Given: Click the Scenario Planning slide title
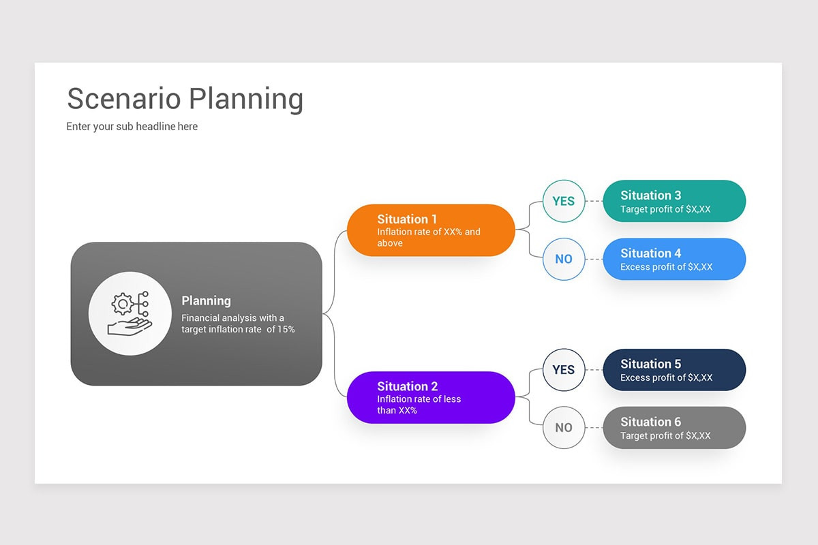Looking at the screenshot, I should click(x=185, y=99).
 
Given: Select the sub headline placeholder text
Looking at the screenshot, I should click(x=132, y=126).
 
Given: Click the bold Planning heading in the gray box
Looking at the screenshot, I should click(x=206, y=300).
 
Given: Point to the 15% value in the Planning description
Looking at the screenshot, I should click(x=286, y=330).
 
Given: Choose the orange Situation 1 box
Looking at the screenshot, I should click(x=431, y=230).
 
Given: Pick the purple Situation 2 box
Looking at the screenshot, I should click(x=431, y=397).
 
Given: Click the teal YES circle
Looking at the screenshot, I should click(x=564, y=201).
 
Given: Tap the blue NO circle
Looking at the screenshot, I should click(x=564, y=259).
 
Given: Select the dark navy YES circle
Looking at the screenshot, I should click(x=564, y=370).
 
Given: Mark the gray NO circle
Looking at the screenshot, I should click(x=564, y=428).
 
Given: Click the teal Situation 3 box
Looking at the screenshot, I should click(x=674, y=201).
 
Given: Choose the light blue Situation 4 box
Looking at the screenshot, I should click(x=674, y=259).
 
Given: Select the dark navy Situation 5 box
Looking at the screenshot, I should click(x=674, y=370).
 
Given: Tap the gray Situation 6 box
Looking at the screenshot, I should click(x=674, y=428).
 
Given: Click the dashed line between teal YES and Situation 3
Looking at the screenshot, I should click(x=594, y=201).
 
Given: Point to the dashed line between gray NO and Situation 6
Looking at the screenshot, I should click(x=594, y=428).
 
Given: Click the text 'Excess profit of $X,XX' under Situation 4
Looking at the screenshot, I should click(x=666, y=267).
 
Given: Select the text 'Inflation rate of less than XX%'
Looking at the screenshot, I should click(x=419, y=405).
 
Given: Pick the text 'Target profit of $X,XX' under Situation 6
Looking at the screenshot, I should click(x=665, y=436).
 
